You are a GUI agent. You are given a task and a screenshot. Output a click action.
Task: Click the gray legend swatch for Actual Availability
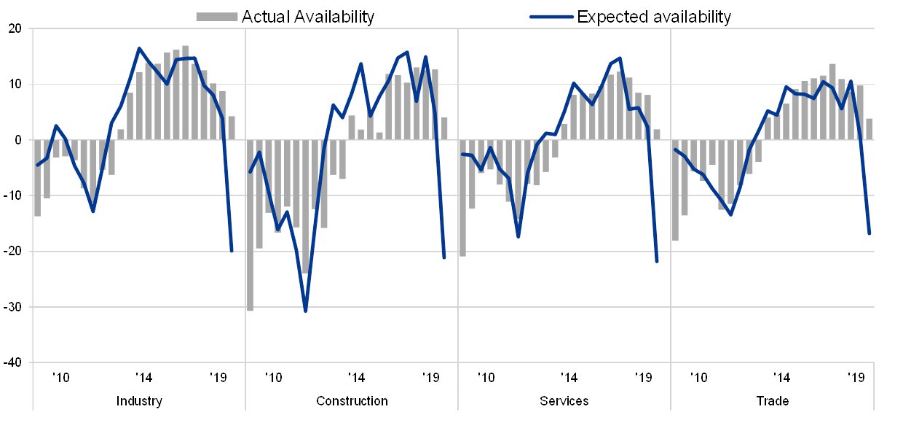[x=217, y=17]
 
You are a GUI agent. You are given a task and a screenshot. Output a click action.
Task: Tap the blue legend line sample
[x=551, y=17]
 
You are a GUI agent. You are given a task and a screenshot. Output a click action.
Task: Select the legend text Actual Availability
[x=308, y=17]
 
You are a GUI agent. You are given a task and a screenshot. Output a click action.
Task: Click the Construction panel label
[x=352, y=401]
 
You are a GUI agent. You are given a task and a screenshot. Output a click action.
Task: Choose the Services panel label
[x=564, y=401]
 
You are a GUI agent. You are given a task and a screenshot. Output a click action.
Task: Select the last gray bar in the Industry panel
[x=232, y=128]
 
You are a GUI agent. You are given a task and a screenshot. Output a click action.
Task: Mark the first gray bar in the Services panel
[x=462, y=198]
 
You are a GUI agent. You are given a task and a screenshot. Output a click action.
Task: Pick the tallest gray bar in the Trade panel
[x=832, y=101]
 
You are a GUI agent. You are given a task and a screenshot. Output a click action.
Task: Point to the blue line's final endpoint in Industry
[x=232, y=252]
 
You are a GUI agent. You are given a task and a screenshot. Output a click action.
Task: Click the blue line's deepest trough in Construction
[x=306, y=311]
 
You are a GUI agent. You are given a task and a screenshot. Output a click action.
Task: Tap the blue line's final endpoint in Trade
[x=870, y=234]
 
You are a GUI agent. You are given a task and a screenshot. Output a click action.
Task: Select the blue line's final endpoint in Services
[x=657, y=261]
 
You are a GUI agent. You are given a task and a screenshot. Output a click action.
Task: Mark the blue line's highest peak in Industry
[x=139, y=49]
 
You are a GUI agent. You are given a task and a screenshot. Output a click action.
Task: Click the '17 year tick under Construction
[x=355, y=378]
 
